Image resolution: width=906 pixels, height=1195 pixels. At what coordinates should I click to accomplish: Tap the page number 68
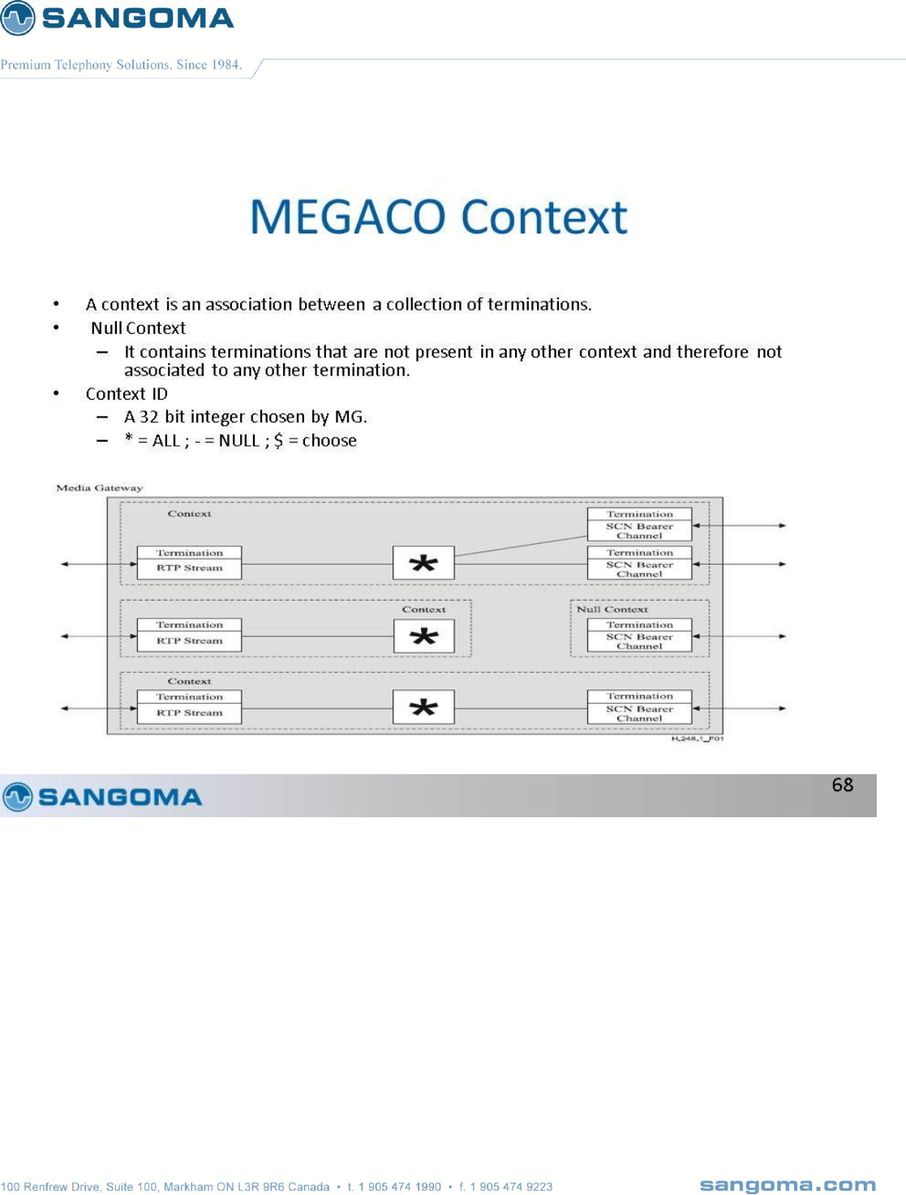tap(842, 785)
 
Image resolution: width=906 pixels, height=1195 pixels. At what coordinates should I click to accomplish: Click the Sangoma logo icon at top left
tap(18, 18)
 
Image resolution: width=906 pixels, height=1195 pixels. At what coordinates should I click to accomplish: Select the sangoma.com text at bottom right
tap(787, 1185)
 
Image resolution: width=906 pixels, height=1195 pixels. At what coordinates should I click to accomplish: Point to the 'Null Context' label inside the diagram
tap(612, 609)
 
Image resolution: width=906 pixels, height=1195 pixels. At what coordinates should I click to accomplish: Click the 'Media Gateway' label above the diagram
tap(99, 488)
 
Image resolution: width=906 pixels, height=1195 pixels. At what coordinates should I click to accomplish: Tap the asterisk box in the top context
tap(423, 563)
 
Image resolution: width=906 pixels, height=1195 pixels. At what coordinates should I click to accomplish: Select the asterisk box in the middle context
tap(423, 636)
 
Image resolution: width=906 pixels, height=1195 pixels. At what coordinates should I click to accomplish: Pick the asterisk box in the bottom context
tap(423, 708)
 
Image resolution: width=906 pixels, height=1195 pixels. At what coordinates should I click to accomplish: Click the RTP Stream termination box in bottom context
tap(189, 705)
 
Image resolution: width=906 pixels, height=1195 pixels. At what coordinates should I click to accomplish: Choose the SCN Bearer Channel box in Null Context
tap(639, 636)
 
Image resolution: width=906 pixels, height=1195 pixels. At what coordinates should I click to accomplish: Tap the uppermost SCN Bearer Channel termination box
tap(639, 525)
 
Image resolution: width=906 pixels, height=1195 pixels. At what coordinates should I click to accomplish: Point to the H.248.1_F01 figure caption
tap(697, 739)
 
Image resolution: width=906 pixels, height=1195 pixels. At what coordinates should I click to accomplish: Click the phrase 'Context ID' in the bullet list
tap(127, 394)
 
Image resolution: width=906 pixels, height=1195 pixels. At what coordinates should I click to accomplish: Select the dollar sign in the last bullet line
tap(278, 441)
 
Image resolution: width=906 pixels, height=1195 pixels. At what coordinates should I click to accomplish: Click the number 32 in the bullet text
tap(149, 418)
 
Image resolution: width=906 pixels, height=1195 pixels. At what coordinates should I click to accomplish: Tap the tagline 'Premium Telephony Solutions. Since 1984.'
tap(122, 65)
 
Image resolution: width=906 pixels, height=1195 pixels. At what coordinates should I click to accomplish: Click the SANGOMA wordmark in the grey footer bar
tap(120, 797)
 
